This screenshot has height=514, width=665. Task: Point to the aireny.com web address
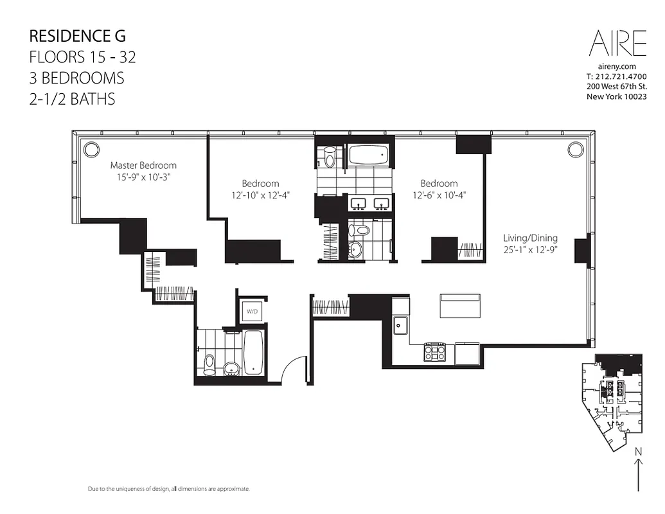[617, 66]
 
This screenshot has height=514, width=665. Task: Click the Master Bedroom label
[143, 165]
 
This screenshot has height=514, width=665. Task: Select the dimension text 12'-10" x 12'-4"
[260, 195]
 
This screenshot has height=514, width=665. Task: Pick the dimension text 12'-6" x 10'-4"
[439, 195]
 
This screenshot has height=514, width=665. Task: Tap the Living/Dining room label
[530, 237]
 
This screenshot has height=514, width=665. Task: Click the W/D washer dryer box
[251, 312]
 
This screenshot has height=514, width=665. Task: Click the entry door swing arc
[292, 368]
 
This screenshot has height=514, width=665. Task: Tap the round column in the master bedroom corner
[91, 149]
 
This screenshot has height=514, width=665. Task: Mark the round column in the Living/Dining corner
[574, 149]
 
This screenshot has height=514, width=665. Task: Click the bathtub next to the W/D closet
[253, 352]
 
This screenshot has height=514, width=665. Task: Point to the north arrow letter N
[638, 452]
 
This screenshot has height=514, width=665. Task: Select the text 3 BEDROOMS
[76, 78]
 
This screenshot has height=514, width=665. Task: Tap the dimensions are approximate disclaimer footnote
[168, 490]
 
